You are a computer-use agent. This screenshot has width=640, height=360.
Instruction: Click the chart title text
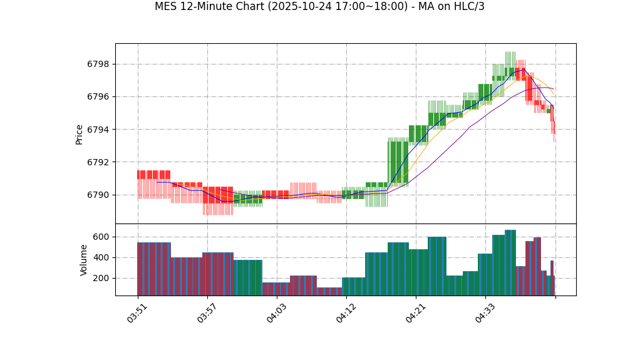(x=319, y=7)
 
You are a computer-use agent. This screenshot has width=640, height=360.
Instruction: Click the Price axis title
(x=80, y=134)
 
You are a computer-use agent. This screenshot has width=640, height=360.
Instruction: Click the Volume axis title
(x=84, y=260)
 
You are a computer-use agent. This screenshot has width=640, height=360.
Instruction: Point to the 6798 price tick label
(x=98, y=64)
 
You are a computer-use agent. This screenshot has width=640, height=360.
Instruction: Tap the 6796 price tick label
(x=98, y=97)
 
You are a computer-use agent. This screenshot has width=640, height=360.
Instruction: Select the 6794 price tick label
(x=98, y=130)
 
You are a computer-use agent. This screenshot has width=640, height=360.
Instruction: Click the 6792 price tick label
(x=98, y=162)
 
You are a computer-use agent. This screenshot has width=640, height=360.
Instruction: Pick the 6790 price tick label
(x=98, y=195)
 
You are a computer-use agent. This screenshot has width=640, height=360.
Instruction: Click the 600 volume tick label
(x=102, y=237)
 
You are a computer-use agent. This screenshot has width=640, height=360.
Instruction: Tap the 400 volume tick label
(x=102, y=257)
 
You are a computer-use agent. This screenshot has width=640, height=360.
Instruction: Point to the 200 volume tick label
(x=102, y=278)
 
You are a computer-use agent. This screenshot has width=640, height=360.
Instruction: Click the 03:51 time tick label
(x=137, y=313)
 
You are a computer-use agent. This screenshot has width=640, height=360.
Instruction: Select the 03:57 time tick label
(x=207, y=313)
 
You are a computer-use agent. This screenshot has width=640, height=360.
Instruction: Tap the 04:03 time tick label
(x=276, y=313)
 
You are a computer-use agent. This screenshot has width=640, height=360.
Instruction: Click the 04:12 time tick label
(x=346, y=313)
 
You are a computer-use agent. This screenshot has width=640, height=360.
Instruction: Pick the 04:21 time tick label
(x=416, y=313)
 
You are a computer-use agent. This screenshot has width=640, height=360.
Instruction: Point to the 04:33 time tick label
(x=485, y=313)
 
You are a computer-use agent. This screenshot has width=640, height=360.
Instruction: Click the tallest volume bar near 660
(x=510, y=263)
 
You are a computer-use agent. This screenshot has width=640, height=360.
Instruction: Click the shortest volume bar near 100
(x=329, y=291)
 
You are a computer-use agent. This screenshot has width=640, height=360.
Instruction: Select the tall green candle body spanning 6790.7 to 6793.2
(x=398, y=162)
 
